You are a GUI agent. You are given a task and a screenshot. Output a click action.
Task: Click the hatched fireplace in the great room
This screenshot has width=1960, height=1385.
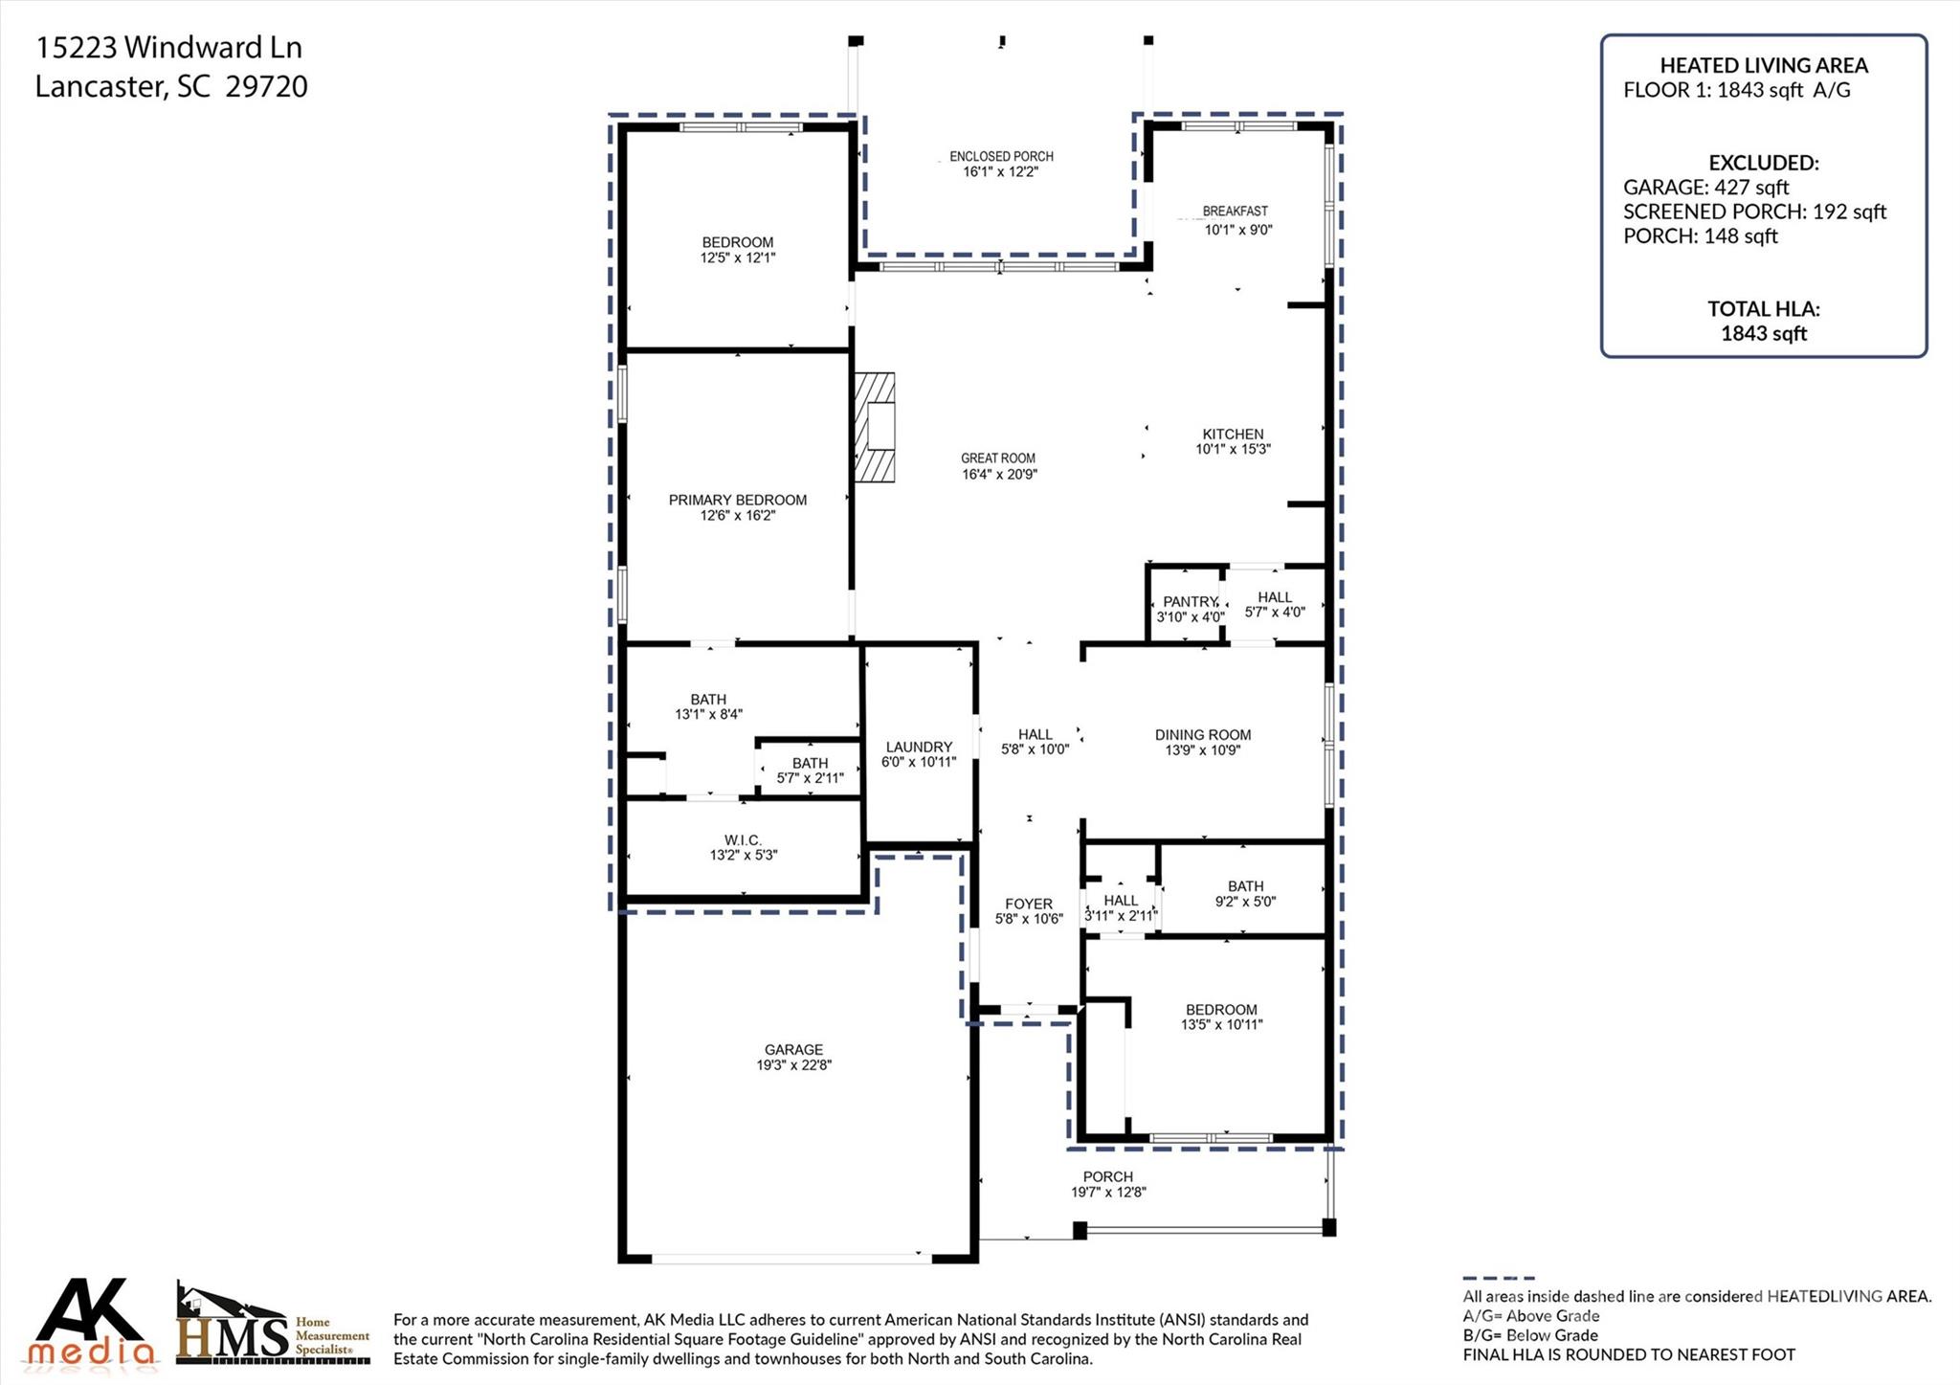pos(875,427)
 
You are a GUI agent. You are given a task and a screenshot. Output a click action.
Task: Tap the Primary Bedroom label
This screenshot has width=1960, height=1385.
pos(737,500)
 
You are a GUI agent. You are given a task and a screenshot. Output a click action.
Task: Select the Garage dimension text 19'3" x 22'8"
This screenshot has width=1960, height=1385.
pos(793,1064)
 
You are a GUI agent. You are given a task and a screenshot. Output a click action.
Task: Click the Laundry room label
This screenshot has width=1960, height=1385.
pos(919,747)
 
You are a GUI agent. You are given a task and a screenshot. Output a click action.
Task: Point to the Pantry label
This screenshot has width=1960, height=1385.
pos(1190,602)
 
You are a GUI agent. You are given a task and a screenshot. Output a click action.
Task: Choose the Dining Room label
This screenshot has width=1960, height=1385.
pos(1203,735)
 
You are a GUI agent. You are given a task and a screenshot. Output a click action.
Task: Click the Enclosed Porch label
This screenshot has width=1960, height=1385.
pos(1001,156)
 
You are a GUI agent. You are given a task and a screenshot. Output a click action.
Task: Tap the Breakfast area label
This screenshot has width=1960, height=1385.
pos(1235,211)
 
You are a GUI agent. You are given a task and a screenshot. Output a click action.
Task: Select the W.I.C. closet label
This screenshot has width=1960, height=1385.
pos(743,840)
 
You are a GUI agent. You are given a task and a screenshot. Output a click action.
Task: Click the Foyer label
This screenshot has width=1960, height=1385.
pos(1029,904)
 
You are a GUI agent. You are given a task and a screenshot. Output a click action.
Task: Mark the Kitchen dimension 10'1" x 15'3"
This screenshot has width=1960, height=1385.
pos(1233,449)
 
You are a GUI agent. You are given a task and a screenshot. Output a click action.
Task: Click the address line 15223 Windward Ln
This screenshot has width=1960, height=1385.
pos(168,47)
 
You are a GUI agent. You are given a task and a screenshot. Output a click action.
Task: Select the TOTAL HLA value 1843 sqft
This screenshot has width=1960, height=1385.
pos(1763,333)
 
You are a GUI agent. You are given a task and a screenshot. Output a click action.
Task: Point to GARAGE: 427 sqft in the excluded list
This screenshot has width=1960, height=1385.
pos(1705,188)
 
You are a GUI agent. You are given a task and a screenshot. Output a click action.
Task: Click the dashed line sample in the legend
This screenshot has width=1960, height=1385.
pos(1498,1278)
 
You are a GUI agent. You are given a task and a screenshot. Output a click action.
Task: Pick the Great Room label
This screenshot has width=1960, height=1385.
pos(998,458)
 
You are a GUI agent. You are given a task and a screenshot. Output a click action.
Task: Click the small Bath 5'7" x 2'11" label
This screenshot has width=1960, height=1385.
pos(810,763)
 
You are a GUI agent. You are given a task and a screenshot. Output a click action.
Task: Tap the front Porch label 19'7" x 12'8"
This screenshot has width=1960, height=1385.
pos(1107,1176)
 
